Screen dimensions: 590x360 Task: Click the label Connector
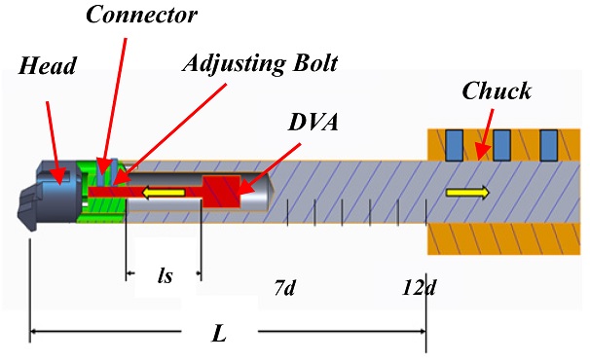click(141, 15)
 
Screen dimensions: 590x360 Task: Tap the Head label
click(48, 66)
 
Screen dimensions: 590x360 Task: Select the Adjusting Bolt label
click(260, 63)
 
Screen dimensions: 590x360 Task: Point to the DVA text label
click(313, 122)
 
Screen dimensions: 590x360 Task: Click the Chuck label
click(497, 90)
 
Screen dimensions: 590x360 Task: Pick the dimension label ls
click(165, 275)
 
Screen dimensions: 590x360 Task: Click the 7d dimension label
click(284, 288)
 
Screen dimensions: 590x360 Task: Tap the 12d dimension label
click(419, 288)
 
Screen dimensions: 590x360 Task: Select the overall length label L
click(219, 334)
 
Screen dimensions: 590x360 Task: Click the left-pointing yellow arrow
click(164, 193)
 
